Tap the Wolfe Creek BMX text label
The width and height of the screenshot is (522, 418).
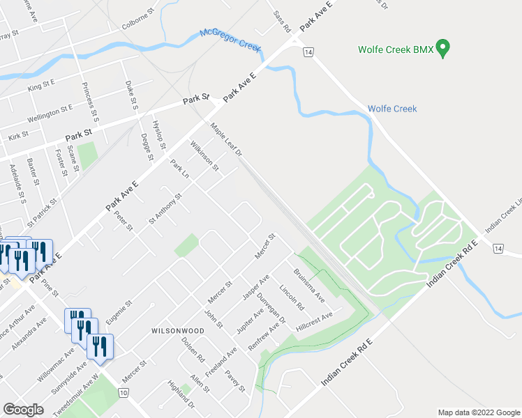395,50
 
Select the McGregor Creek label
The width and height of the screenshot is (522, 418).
230,41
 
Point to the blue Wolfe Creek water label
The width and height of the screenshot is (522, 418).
391,109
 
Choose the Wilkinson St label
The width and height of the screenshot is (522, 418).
204,157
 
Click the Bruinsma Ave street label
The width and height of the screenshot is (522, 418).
309,285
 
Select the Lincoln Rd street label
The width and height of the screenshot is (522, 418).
292,297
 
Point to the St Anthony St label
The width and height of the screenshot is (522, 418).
165,208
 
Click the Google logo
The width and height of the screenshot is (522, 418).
23,410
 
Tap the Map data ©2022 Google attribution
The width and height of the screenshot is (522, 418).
478,412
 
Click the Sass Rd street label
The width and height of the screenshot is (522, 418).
281,22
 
